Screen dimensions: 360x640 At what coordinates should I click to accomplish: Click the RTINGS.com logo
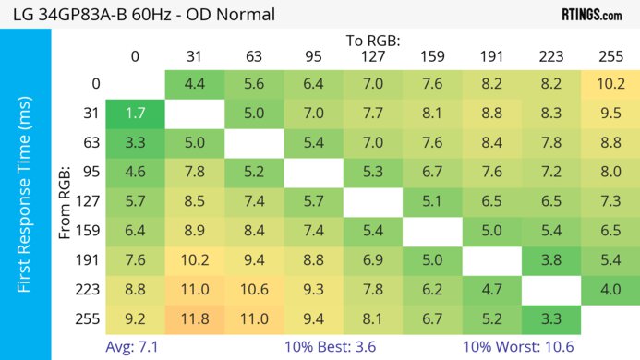click(x=591, y=15)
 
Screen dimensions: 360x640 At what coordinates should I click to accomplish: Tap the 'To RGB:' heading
click(x=373, y=41)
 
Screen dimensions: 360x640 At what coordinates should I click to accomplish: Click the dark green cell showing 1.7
click(x=135, y=114)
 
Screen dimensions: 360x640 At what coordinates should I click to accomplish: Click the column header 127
click(x=373, y=57)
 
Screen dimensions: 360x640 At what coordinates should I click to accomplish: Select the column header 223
click(x=551, y=57)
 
